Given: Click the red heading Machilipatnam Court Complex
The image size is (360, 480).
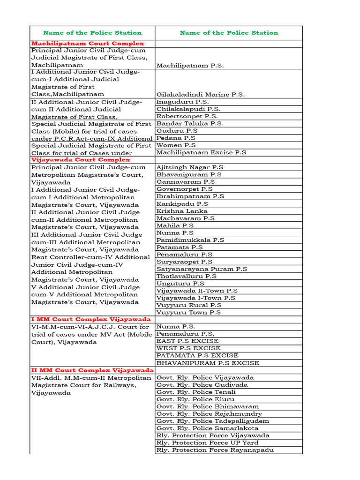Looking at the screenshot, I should point(88,43).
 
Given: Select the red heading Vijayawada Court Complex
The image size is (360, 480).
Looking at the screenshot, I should point(80,160).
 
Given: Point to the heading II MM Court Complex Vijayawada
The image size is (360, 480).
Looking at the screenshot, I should point(92,370).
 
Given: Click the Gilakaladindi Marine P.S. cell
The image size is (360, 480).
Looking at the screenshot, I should point(201,94).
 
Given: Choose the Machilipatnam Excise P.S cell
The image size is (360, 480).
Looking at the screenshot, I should point(202,152).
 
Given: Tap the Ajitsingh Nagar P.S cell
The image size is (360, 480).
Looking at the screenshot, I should point(190,167).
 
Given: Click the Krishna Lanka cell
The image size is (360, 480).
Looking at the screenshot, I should point(182,211).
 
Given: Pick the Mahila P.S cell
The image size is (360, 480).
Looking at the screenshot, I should point(175,225).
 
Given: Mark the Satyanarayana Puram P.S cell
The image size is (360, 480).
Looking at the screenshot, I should point(202,269).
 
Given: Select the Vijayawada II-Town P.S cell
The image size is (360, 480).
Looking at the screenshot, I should point(197,291).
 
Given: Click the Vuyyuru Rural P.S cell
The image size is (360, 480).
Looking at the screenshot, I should point(189,305).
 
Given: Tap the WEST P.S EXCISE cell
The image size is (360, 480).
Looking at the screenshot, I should point(188,348).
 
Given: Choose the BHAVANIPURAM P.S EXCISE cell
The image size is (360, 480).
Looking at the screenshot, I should point(208,363).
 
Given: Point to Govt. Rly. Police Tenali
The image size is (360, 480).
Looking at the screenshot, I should point(196,392).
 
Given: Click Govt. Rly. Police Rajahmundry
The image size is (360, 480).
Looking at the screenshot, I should point(209,414).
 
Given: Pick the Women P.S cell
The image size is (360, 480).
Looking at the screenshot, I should point(176,145).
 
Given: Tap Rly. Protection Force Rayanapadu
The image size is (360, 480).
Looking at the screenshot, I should point(215,450).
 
